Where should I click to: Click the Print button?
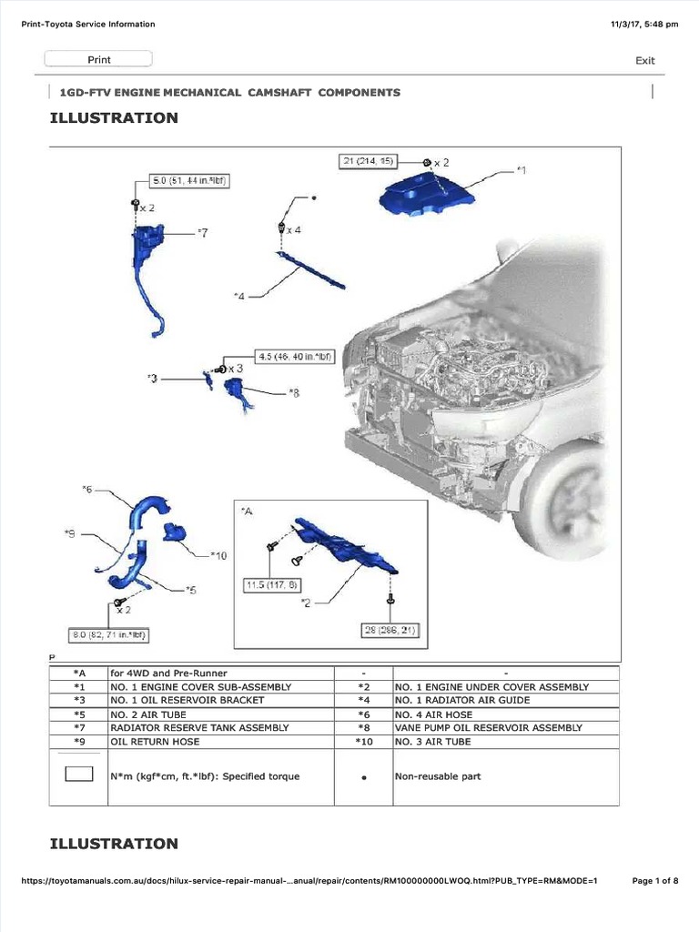[x=99, y=60]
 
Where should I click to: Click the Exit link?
[x=644, y=61]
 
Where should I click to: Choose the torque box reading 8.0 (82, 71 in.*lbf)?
[x=109, y=633]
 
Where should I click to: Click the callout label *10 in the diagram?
[x=218, y=555]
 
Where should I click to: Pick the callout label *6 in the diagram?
[x=87, y=489]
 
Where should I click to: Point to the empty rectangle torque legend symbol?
[x=78, y=775]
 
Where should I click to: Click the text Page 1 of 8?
[x=655, y=881]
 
